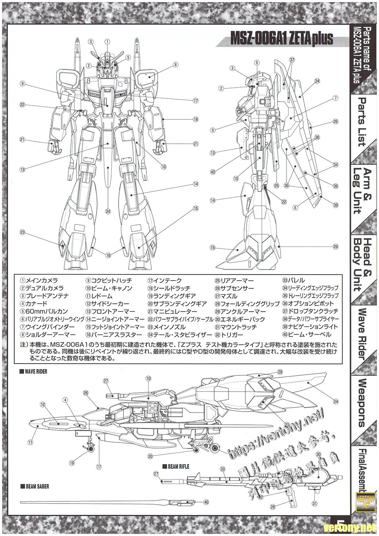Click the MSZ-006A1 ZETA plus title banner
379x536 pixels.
pos(281,39)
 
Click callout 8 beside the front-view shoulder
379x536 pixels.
pos(175,65)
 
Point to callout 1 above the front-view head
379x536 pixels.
pos(107,41)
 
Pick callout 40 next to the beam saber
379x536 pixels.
pos(206,502)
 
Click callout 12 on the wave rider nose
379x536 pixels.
pos(42,404)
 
